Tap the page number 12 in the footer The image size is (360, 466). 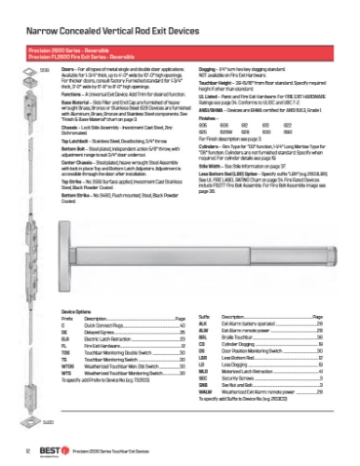click(18, 450)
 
